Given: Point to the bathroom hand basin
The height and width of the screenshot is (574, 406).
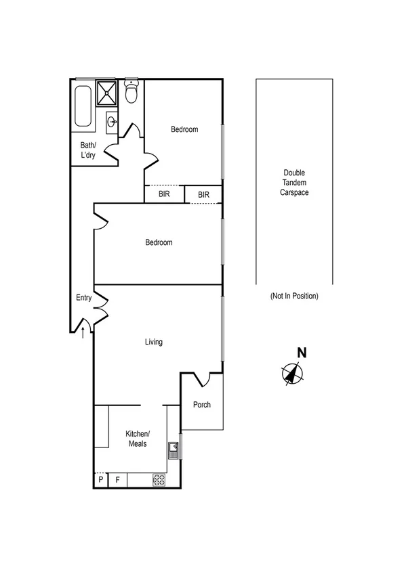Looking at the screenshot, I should coord(112,123).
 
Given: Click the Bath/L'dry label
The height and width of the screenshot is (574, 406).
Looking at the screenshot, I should coord(88,150).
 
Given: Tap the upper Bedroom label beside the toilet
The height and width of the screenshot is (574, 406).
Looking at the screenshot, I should coord(184,129).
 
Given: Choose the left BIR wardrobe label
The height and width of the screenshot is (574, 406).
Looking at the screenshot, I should coord(164,194).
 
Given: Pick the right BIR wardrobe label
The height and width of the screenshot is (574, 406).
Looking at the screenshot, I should coord(204,195).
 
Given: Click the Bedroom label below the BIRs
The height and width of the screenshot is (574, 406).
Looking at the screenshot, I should coord(159,242).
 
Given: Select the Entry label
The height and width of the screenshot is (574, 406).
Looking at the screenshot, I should coord(83,298).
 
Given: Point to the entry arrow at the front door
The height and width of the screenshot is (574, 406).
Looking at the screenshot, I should coord(83,332).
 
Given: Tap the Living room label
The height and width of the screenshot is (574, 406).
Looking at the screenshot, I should coord(154,342).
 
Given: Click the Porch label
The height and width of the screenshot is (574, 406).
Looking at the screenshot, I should coord(202,405).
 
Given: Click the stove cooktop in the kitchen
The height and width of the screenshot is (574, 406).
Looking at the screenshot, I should coord(159,480).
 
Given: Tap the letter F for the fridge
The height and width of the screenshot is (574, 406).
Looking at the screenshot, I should coord(117,480).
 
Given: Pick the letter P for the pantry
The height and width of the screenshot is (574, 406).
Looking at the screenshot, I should coord(101,480).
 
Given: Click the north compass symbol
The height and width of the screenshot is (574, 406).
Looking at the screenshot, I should coord(293,373).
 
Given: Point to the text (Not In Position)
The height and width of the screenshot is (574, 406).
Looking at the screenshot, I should coord(294,296).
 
